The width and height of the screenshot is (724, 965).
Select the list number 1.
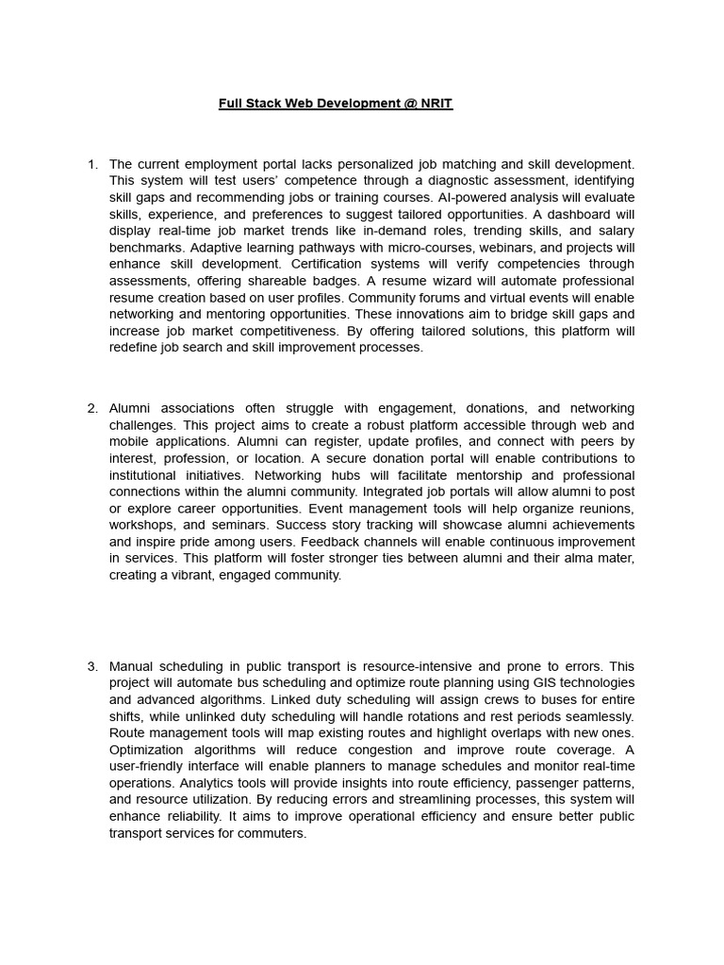tap(91, 164)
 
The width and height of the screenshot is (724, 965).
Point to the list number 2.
tap(91, 408)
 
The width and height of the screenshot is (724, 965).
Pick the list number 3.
tap(91, 666)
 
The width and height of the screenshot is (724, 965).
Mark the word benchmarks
tap(141, 248)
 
